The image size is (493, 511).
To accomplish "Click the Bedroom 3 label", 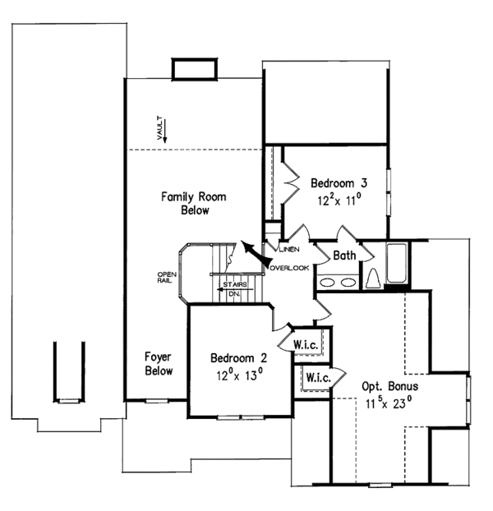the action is click(x=339, y=183).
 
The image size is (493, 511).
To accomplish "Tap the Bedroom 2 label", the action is click(x=238, y=358).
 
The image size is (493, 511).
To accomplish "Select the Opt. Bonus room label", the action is click(x=390, y=386).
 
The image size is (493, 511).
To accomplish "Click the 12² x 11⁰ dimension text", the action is click(x=339, y=200).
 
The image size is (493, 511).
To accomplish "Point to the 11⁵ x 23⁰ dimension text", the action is click(x=389, y=403).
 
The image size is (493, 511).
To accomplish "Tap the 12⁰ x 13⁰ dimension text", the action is click(x=239, y=375).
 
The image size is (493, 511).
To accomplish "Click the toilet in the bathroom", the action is click(x=373, y=279).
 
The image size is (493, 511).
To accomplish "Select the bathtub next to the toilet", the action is click(x=397, y=263).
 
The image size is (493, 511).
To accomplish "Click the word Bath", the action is click(x=344, y=255).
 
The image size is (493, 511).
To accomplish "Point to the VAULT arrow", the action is click(x=165, y=131).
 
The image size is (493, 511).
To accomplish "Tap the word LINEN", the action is click(x=289, y=250).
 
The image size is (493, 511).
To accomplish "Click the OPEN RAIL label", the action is click(x=167, y=278).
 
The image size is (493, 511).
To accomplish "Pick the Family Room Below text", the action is click(x=194, y=204).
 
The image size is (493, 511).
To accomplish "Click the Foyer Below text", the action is click(x=159, y=364).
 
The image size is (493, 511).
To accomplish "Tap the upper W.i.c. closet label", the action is click(x=306, y=345).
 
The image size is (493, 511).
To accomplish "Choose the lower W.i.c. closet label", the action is click(x=318, y=378).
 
